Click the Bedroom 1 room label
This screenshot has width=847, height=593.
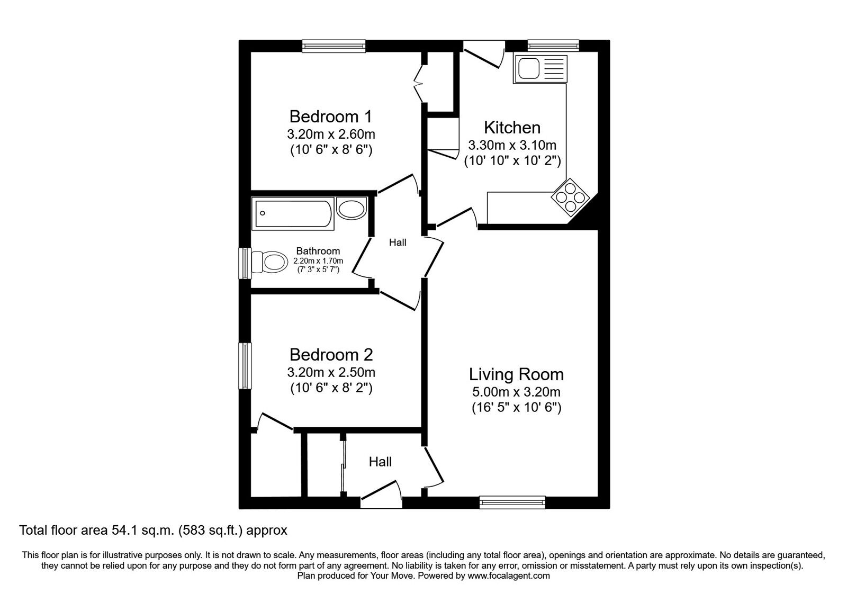click(331, 116)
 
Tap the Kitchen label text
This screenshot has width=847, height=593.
click(512, 128)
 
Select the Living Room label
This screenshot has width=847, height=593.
click(516, 374)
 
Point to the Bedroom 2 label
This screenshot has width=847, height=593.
click(331, 355)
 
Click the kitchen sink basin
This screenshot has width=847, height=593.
click(529, 68)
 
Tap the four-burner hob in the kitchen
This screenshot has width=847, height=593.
click(570, 197)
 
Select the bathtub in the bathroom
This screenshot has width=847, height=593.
click(293, 214)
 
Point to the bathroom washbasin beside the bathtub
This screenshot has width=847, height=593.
click(352, 208)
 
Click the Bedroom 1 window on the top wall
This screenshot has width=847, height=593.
click(334, 46)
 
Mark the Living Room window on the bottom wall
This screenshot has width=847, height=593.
click(512, 502)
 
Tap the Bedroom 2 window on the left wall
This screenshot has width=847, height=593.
click(245, 366)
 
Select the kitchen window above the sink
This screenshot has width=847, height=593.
click(554, 46)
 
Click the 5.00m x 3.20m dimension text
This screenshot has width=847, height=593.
click(516, 392)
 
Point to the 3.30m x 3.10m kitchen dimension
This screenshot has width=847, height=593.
click(512, 145)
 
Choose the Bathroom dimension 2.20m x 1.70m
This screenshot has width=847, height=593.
click(318, 261)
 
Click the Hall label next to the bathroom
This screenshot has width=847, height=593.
click(398, 242)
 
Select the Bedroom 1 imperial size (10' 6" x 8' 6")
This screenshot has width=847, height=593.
click(331, 150)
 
